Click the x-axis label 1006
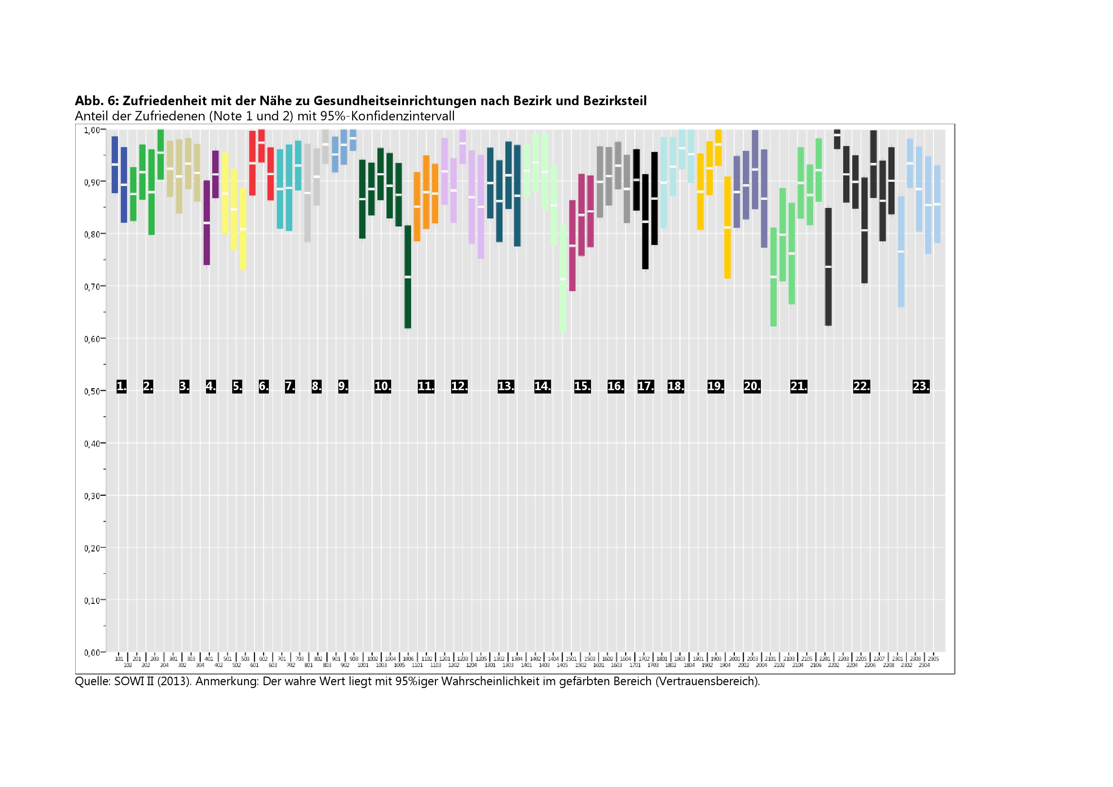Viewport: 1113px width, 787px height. pos(408,659)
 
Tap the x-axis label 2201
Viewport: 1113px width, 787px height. pos(825,659)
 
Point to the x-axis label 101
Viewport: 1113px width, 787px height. pos(119,659)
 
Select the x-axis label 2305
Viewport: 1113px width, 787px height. pos(933,659)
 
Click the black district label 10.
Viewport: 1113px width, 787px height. pos(383,386)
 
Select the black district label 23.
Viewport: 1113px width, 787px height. pos(921,386)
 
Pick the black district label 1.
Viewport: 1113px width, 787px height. pos(122,386)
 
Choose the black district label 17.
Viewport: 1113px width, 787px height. pos(646,386)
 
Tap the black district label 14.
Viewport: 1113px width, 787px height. pos(542,386)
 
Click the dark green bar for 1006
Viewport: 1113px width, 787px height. pos(408,277)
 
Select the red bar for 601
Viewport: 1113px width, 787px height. pos(252,163)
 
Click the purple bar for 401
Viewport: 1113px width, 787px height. pos(207,223)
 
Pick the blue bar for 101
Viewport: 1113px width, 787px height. pos(115,165)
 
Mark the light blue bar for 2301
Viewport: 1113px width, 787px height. pos(901,252)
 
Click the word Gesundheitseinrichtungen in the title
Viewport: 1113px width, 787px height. pos(394,101)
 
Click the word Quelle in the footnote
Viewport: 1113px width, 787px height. pos(92,681)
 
